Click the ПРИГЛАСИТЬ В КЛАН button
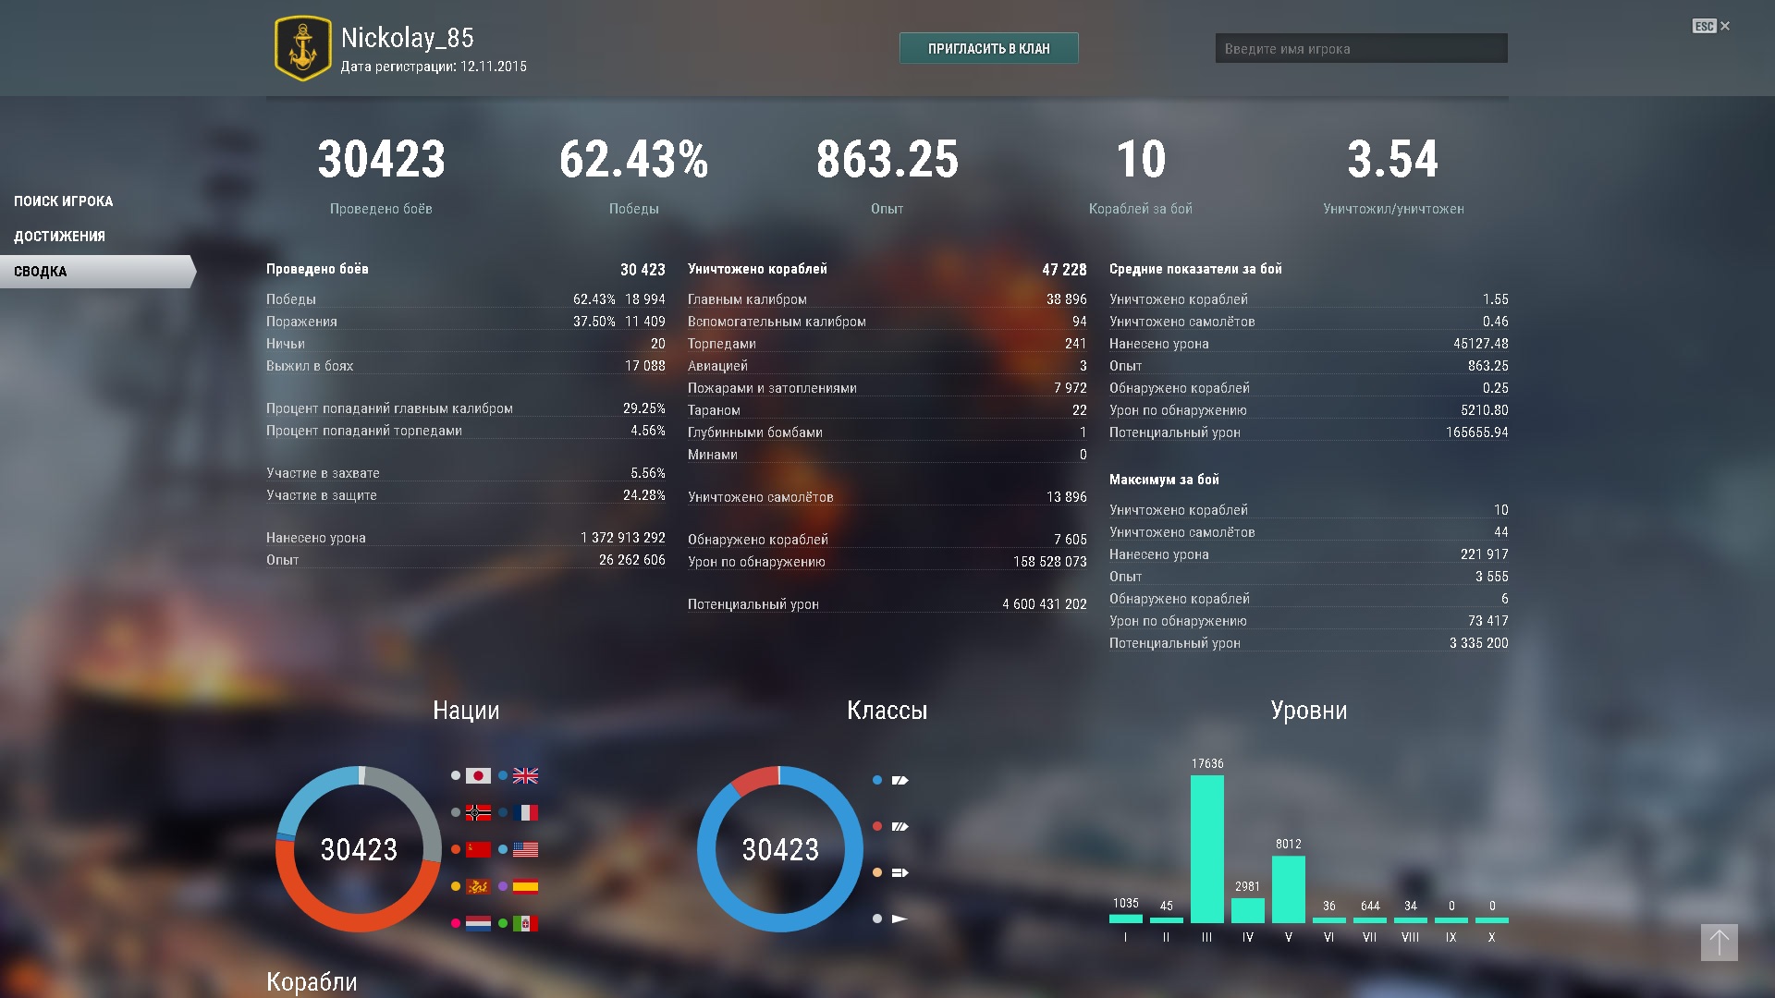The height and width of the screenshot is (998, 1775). coord(988,48)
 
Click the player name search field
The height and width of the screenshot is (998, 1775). coord(1361,48)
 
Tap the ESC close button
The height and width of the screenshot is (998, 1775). coord(1711,26)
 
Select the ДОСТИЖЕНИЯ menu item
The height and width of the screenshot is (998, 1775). coord(59,237)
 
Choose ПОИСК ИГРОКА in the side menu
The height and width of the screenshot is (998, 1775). coord(63,201)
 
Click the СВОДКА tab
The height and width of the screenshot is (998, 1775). coord(97,272)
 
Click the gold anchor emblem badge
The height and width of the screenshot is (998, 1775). coord(302,48)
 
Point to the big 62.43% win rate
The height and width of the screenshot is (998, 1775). coord(633,159)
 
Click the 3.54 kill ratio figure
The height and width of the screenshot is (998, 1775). coord(1393,159)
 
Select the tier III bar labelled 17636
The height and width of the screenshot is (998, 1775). coord(1206,848)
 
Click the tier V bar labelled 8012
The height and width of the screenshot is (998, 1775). coord(1288,889)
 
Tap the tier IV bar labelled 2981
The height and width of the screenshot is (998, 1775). coord(1247,910)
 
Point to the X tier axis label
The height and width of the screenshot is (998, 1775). coord(1491,937)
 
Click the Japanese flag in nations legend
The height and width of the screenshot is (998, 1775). coord(478,776)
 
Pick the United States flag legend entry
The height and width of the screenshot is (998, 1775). coord(525,849)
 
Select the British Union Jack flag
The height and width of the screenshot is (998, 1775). coord(525,776)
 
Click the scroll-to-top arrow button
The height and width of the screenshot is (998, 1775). coord(1719,943)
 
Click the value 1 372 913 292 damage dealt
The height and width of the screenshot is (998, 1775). coord(623,538)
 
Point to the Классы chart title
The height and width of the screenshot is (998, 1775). coord(887,711)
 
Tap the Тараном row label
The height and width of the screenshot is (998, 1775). coord(714,410)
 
